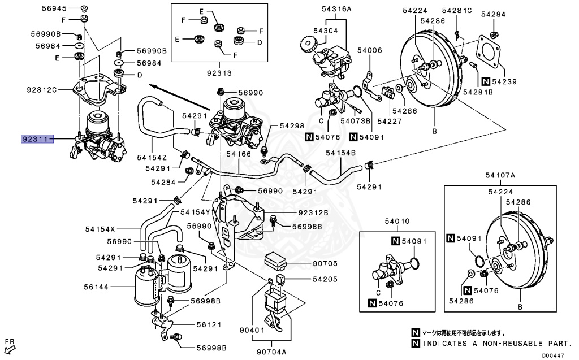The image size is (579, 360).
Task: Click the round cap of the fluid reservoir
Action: pyautogui.click(x=308, y=42)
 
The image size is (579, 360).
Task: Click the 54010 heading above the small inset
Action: pyautogui.click(x=397, y=221)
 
